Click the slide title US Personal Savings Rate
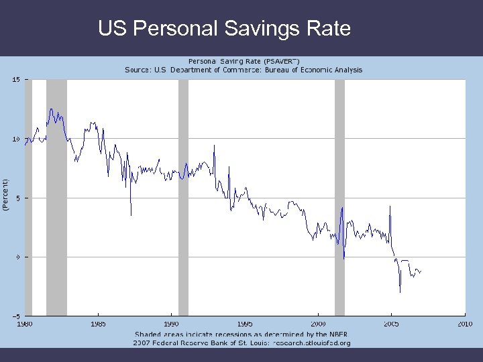pos(224,29)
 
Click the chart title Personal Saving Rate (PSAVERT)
pos(243,61)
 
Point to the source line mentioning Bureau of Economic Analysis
pos(243,70)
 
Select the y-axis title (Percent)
pos(5,196)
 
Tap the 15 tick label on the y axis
pos(15,80)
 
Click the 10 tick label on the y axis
pos(15,139)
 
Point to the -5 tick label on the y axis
pos(15,316)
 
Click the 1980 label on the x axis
pos(24,324)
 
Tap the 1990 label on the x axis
pos(171,324)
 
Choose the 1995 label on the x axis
pos(244,324)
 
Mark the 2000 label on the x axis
pos(318,324)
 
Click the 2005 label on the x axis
pos(391,324)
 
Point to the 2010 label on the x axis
pos(465,324)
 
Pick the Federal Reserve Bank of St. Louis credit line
pos(243,343)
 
